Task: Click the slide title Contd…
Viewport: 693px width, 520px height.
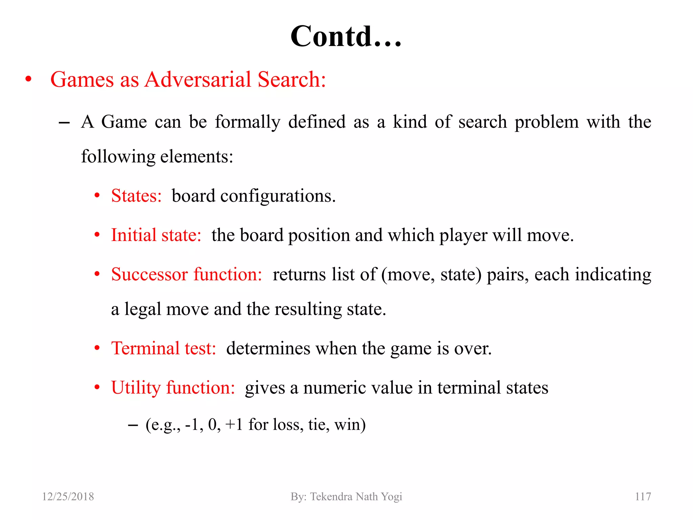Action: click(346, 36)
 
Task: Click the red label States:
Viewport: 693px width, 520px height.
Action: click(136, 196)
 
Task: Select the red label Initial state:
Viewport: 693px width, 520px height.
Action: click(156, 235)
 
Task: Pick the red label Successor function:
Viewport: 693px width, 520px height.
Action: click(186, 275)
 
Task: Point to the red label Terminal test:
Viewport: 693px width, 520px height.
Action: click(163, 348)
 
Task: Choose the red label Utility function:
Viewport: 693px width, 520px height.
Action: click(173, 388)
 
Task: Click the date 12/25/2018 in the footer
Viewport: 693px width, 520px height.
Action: click(68, 497)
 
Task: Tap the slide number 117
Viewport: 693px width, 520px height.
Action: click(643, 497)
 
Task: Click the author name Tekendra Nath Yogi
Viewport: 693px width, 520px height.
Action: click(356, 497)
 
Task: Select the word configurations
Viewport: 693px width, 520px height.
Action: click(278, 196)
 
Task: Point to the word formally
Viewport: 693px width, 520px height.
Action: click(248, 122)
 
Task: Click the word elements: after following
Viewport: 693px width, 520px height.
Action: click(197, 157)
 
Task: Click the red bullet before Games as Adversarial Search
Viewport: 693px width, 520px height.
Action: click(28, 80)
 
